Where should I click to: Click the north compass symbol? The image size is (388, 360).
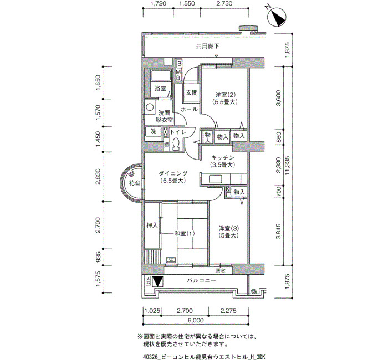click(x=277, y=17)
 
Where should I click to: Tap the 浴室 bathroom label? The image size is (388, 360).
click(x=160, y=89)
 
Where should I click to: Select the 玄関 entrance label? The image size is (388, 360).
click(x=192, y=93)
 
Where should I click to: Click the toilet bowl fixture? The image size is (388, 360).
click(x=176, y=144)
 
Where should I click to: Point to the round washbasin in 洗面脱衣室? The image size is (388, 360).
click(x=150, y=107)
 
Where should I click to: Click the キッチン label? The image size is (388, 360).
click(x=222, y=157)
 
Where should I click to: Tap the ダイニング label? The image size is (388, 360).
click(x=173, y=174)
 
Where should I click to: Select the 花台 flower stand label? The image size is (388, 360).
click(x=134, y=183)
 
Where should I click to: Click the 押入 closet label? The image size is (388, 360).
click(x=152, y=225)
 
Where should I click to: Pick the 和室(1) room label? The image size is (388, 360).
click(x=185, y=233)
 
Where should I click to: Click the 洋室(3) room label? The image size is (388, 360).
click(x=228, y=228)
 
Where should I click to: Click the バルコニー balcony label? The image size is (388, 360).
click(x=201, y=281)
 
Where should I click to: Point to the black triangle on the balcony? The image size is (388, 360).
click(x=157, y=281)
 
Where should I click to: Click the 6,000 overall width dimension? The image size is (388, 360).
click(x=196, y=321)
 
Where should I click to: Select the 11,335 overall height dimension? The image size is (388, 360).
click(x=287, y=166)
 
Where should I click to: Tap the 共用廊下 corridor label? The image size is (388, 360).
click(x=207, y=46)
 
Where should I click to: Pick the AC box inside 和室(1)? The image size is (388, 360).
click(x=171, y=260)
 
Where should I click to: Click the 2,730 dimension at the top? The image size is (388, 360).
click(x=224, y=3)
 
